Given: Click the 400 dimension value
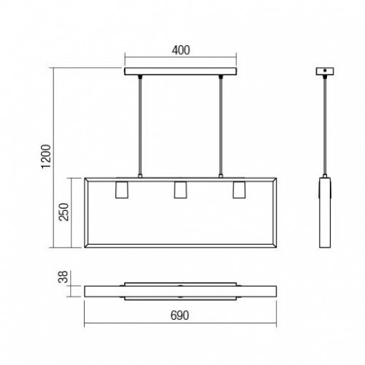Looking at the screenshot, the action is click(181, 50).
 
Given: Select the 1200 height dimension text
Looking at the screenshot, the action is click(46, 156).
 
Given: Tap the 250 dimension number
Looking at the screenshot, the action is click(64, 212).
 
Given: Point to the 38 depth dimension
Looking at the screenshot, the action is click(63, 277).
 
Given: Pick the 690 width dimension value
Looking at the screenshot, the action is click(180, 315).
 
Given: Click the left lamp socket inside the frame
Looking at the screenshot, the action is click(122, 190).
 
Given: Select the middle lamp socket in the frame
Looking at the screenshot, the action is click(180, 190).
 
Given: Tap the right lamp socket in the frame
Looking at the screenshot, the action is click(239, 190).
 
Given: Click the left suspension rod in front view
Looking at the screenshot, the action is click(140, 126).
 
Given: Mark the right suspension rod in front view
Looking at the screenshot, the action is click(220, 126).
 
